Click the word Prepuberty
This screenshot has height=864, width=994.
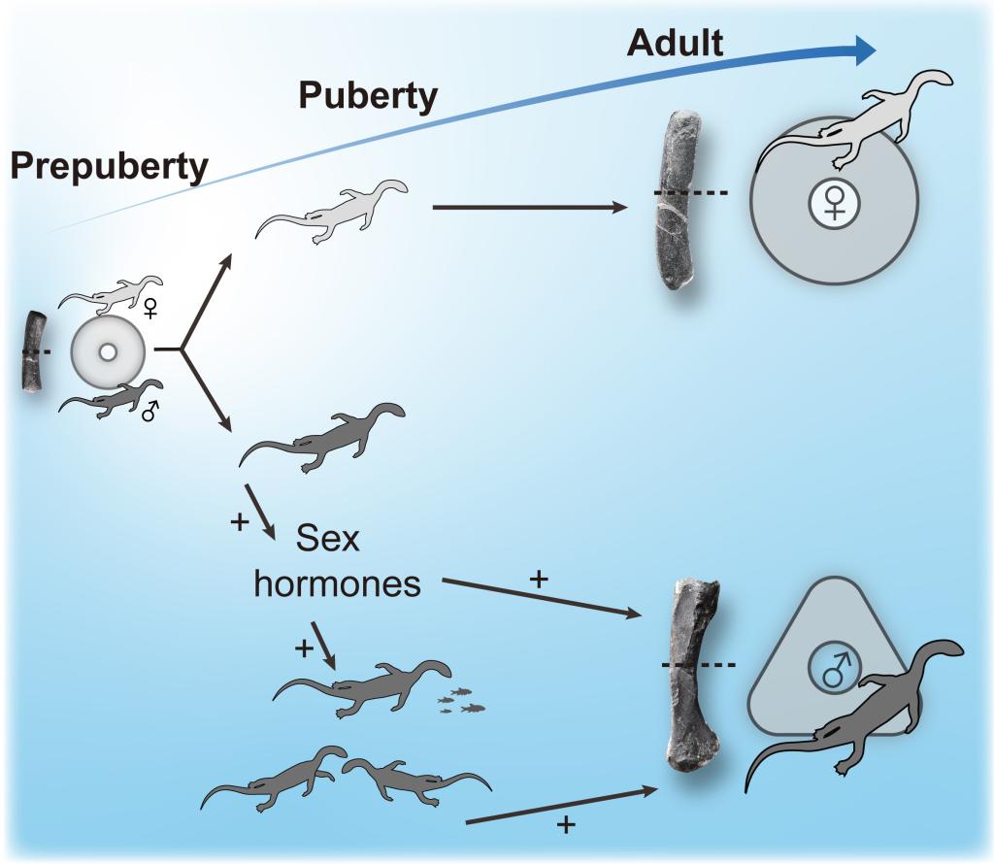click(x=109, y=167)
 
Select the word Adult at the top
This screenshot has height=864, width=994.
click(x=676, y=42)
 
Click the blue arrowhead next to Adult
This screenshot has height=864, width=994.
click(x=860, y=51)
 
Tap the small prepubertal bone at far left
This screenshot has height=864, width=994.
click(x=34, y=351)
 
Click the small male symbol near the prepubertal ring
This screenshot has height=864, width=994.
click(x=149, y=413)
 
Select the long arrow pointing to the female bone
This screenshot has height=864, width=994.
click(x=529, y=206)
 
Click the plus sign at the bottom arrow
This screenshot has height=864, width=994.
click(x=566, y=826)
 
